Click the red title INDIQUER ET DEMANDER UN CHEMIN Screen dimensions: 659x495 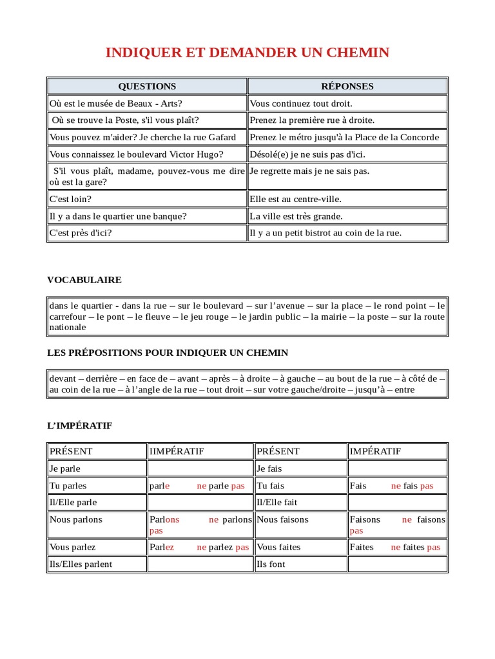tap(247, 53)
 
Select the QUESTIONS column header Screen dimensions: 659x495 tap(147, 86)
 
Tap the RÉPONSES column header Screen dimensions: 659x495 tap(347, 86)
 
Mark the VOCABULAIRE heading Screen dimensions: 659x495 tap(84, 280)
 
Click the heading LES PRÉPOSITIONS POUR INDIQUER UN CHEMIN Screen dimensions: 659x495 tap(168, 353)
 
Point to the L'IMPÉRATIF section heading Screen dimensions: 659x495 tap(80, 425)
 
